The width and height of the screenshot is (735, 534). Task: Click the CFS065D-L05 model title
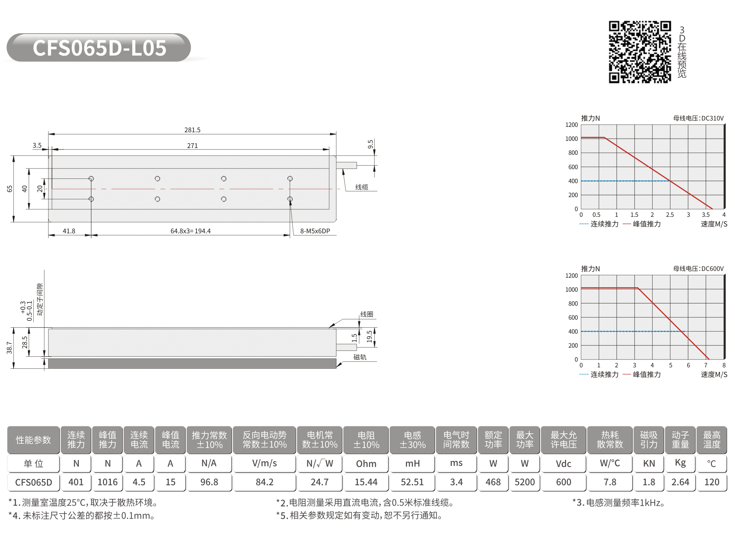click(x=99, y=48)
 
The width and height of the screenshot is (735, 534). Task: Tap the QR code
click(x=640, y=52)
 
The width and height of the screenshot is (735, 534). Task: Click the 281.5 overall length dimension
click(x=193, y=130)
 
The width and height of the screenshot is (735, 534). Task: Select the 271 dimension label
click(x=193, y=146)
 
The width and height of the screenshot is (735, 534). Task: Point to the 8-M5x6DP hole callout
click(x=315, y=231)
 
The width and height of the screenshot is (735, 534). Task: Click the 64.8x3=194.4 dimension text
click(x=190, y=231)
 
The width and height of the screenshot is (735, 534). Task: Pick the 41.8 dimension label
click(x=69, y=231)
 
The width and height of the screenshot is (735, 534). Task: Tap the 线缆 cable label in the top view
click(x=362, y=187)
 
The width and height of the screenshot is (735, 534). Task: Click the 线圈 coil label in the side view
click(x=367, y=314)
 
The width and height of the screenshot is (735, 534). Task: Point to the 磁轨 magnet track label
click(x=360, y=357)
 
